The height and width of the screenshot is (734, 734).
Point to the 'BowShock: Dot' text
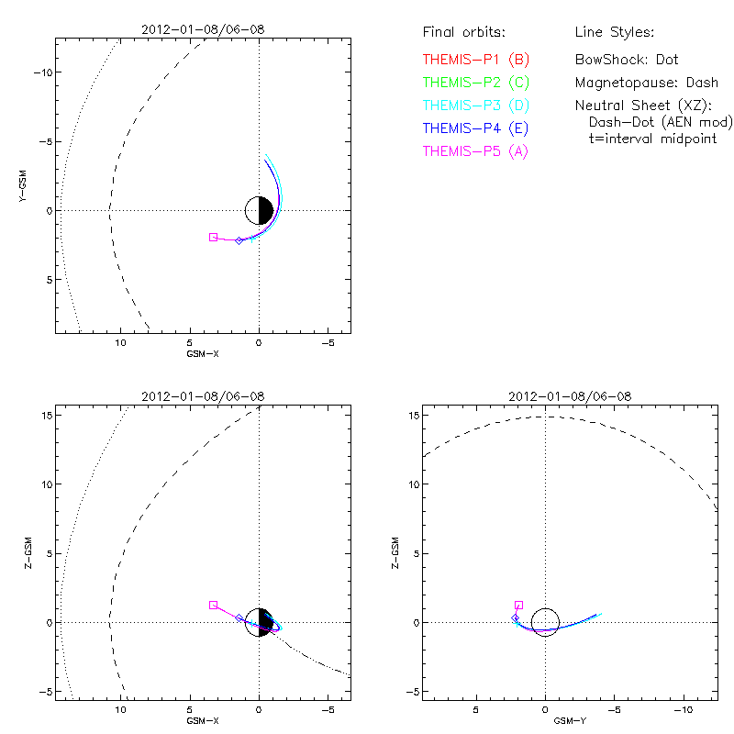(627, 59)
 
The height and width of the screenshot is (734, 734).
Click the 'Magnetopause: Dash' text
(646, 82)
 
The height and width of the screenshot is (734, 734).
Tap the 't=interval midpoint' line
(652, 138)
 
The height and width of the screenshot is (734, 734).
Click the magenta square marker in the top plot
(214, 237)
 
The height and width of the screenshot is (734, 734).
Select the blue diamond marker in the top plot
(239, 240)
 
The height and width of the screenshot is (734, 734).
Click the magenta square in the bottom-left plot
(214, 606)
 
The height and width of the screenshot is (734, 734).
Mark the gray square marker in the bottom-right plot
(519, 606)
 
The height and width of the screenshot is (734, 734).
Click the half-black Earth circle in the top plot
(260, 210)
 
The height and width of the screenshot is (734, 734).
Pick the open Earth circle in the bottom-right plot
(546, 621)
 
